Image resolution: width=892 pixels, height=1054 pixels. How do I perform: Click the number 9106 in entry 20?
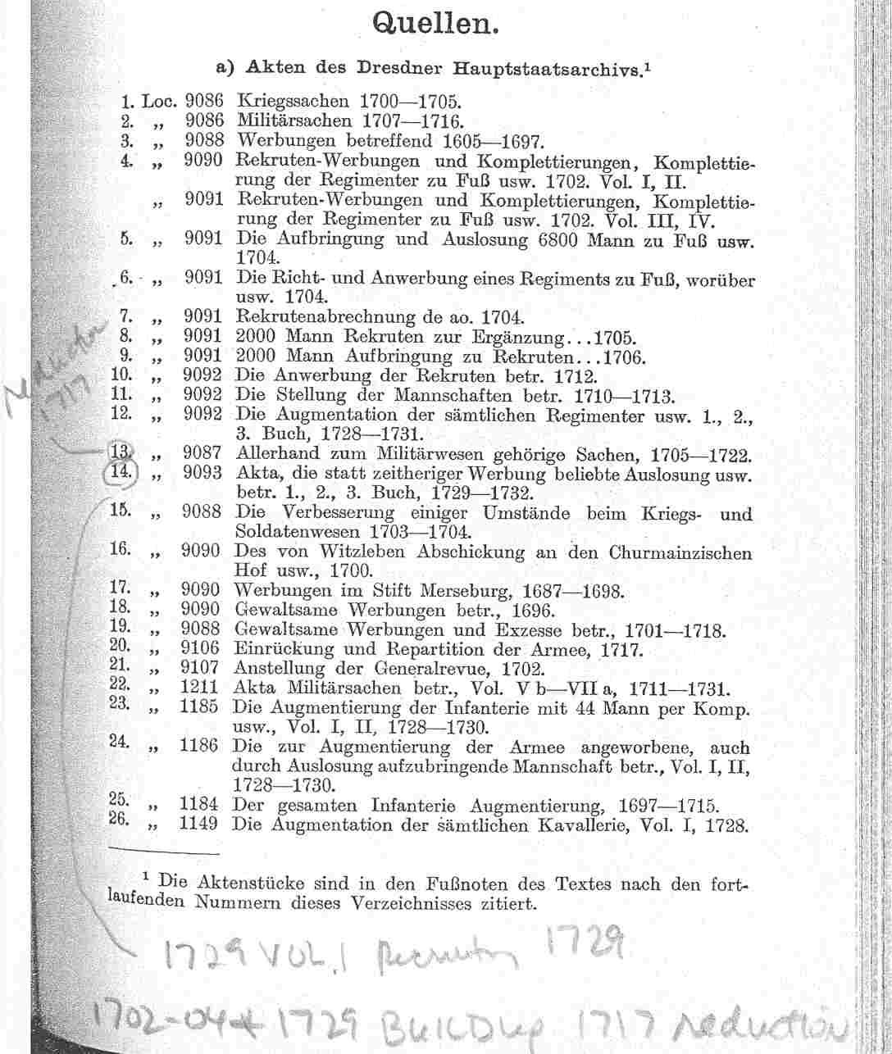pos(199,651)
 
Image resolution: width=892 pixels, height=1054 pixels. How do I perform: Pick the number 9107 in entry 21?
pos(199,669)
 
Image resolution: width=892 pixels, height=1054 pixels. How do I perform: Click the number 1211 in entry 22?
pos(199,688)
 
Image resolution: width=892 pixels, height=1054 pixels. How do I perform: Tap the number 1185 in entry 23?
pos(199,706)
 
